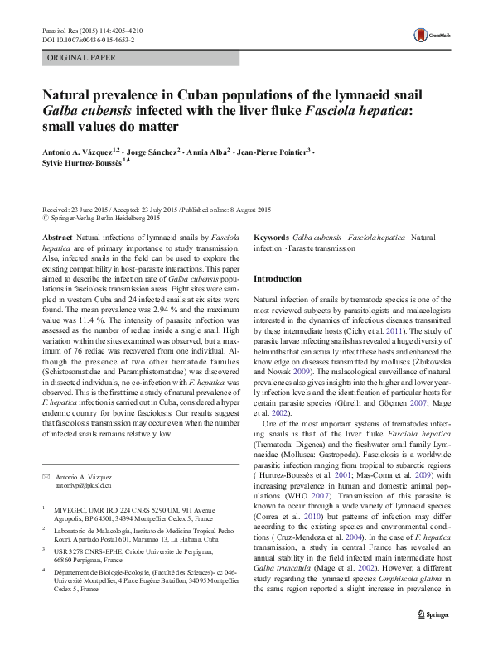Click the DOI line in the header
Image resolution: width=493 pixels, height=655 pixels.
88,40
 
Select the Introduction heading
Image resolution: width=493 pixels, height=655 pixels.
278,279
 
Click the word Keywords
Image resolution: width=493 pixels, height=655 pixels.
271,237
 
